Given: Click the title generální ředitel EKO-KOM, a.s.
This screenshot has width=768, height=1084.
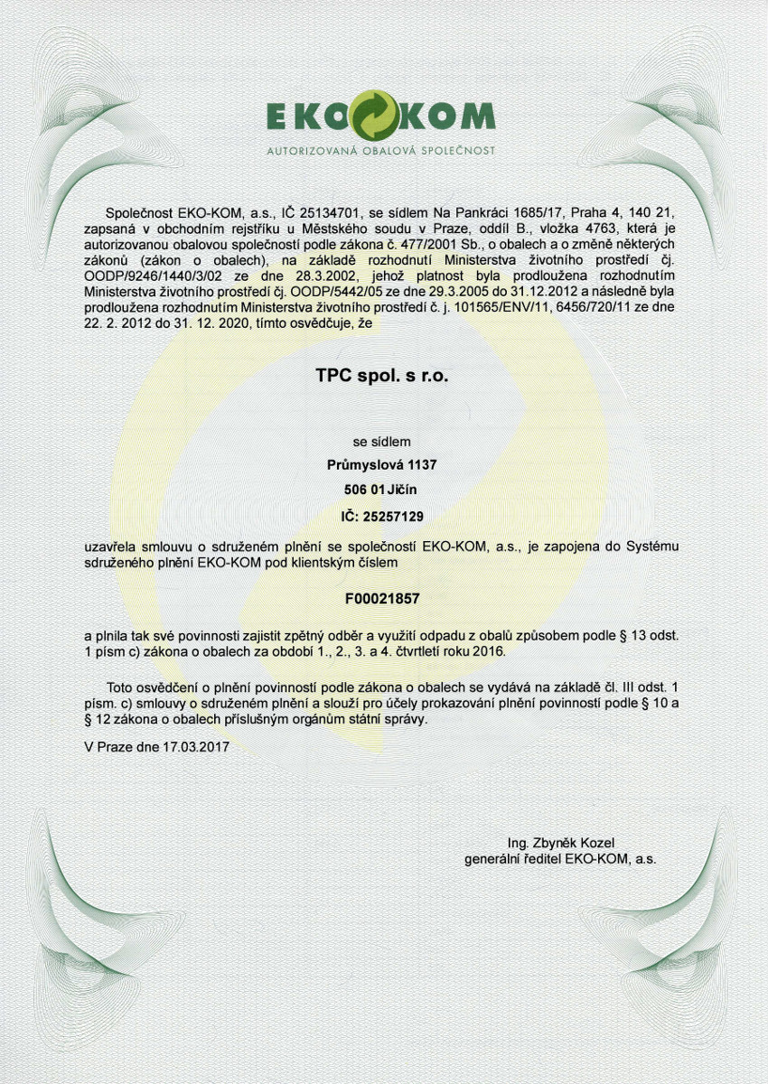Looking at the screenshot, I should [560, 860].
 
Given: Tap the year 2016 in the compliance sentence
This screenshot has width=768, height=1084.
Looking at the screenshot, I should [490, 650].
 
